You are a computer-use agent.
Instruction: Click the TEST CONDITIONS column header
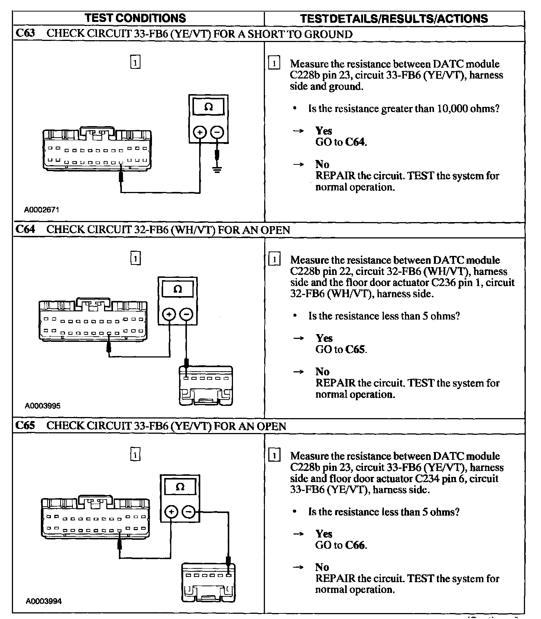pos(135,18)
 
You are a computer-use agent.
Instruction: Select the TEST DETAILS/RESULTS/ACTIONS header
pos(393,19)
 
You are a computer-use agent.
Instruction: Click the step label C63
pos(25,33)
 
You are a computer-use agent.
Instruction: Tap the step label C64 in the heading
pos(25,229)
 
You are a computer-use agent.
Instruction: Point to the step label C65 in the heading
pos(25,425)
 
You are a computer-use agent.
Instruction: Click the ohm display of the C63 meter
pos(208,107)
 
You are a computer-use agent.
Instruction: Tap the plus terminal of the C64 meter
pos(169,315)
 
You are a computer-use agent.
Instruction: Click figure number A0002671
pos(42,210)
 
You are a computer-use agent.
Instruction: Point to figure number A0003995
pos(42,406)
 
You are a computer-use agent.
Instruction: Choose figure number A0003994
pos(43,601)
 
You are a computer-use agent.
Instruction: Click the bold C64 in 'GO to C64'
pos(355,142)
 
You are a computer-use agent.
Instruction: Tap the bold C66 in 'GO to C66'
pos(355,545)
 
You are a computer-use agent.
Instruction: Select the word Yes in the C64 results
pos(324,338)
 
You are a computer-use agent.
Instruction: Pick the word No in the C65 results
pos(322,567)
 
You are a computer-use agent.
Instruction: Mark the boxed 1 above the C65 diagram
pos(136,455)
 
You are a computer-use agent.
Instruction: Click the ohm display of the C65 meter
pos(180,487)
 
